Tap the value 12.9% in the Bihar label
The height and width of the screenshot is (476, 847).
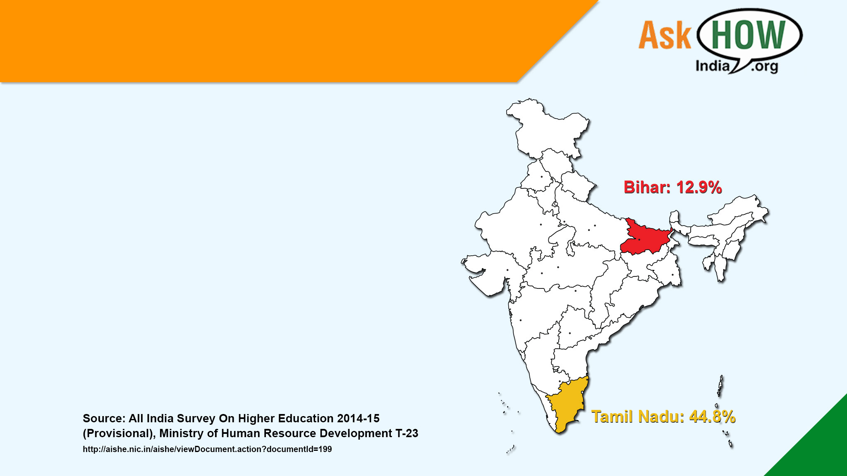pos(699,188)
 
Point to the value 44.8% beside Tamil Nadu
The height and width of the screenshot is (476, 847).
pos(712,416)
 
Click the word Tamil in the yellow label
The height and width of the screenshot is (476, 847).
pos(612,416)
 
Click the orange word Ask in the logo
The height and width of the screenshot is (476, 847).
pos(665,36)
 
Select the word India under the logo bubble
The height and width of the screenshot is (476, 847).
pos(712,66)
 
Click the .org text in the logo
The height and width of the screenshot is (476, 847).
pos(764,67)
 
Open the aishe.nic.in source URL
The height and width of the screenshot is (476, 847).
pos(207,449)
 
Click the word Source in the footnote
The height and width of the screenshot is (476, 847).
pos(104,418)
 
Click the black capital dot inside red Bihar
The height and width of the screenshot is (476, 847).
pos(639,240)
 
